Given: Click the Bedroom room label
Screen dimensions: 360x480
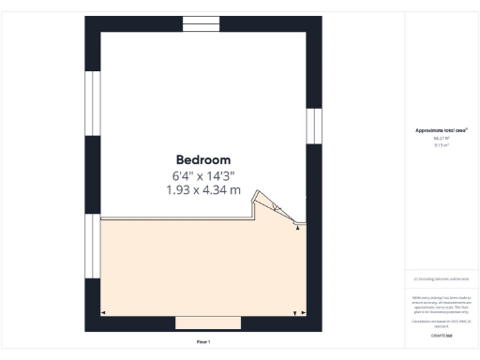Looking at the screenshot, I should click(x=202, y=159).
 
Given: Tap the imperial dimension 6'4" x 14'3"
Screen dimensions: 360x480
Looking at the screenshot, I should click(x=202, y=175).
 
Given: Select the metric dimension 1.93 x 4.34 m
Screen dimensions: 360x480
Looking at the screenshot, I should click(x=202, y=190).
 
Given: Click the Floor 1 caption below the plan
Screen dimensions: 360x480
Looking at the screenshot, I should click(x=202, y=342).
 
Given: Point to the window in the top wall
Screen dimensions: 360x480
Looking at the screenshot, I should click(x=200, y=23).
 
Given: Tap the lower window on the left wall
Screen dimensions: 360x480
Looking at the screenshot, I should click(x=92, y=246).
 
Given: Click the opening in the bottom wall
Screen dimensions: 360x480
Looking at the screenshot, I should click(x=208, y=322).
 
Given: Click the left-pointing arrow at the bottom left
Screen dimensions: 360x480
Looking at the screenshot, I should click(x=103, y=312).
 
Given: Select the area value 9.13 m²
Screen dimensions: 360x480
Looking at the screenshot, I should click(x=441, y=144).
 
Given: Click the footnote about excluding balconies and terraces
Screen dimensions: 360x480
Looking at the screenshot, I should click(x=441, y=278).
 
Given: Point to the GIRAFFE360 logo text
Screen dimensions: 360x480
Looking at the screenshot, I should click(x=441, y=335).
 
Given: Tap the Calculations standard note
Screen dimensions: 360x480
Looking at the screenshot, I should click(x=441, y=322).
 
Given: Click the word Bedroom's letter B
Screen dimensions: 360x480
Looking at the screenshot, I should click(x=180, y=159).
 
